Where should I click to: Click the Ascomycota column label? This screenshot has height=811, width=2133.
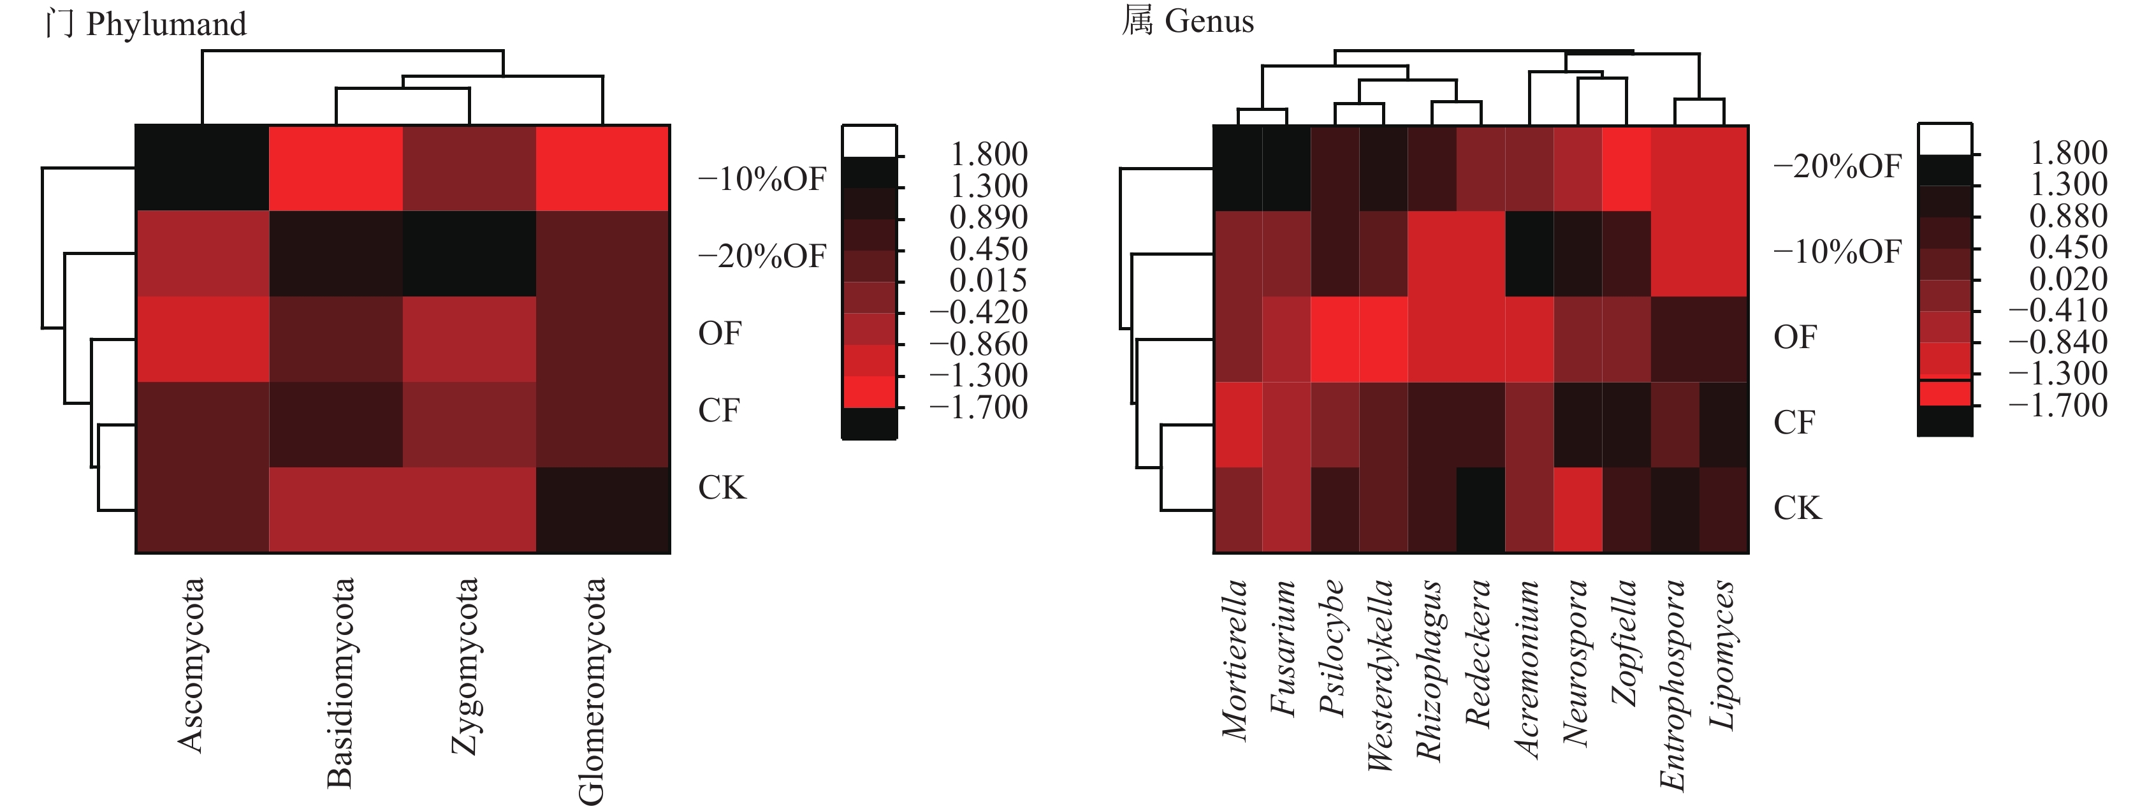tap(191, 665)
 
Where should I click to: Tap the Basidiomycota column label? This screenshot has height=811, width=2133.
tap(340, 682)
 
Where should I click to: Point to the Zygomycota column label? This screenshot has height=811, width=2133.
tap(465, 666)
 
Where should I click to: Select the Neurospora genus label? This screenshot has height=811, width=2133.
tap(1574, 662)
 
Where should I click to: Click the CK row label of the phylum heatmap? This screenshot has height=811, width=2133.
tap(722, 487)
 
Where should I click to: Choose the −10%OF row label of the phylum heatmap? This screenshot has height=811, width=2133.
tap(762, 179)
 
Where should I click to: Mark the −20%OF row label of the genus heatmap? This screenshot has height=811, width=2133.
tap(1837, 166)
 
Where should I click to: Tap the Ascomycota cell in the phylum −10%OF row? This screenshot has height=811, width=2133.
tap(202, 168)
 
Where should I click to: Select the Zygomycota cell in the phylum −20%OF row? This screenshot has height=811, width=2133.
tap(469, 254)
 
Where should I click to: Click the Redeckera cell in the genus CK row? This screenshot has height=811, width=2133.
tap(1480, 509)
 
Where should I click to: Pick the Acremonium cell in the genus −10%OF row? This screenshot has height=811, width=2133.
tap(1529, 254)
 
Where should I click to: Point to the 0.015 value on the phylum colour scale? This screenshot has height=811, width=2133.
tap(988, 281)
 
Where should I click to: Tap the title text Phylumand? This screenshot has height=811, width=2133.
tap(166, 24)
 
